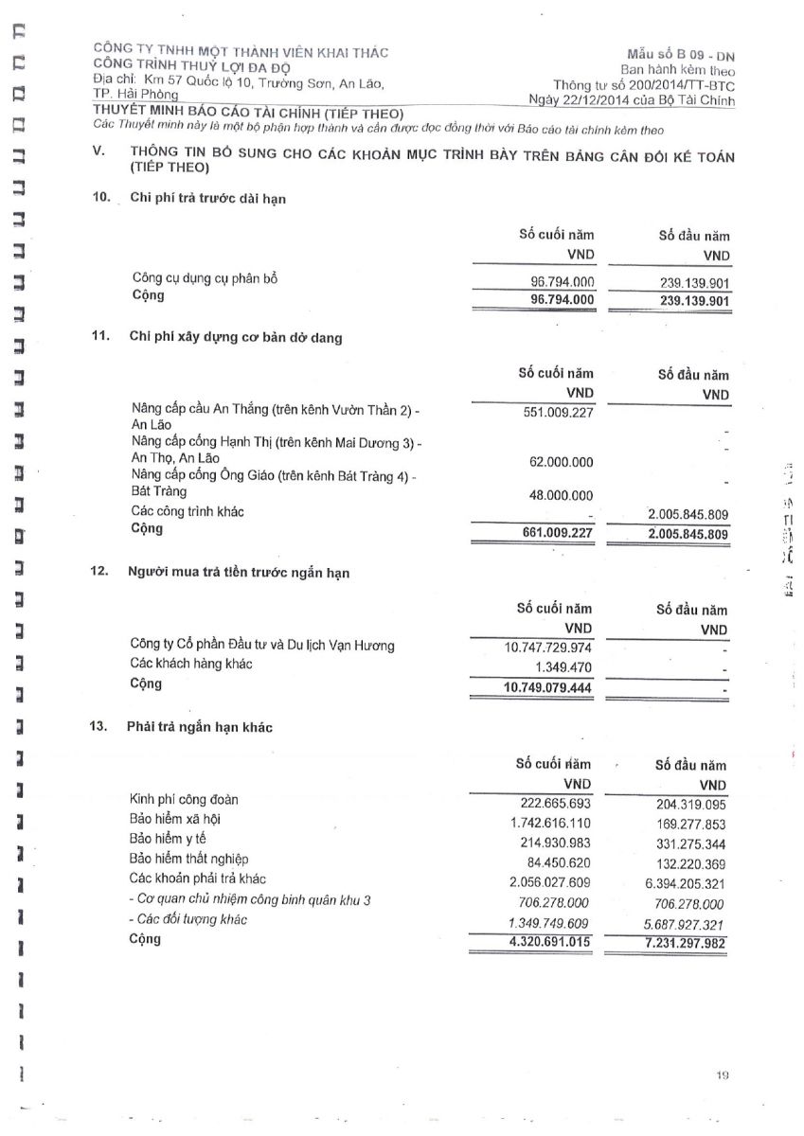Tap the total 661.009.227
[x=558, y=534]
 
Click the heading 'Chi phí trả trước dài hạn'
[x=207, y=198]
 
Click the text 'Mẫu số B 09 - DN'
[x=680, y=56]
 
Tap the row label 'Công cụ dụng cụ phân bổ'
[x=205, y=278]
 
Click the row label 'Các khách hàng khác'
[x=191, y=665]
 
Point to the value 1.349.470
[x=565, y=667]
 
